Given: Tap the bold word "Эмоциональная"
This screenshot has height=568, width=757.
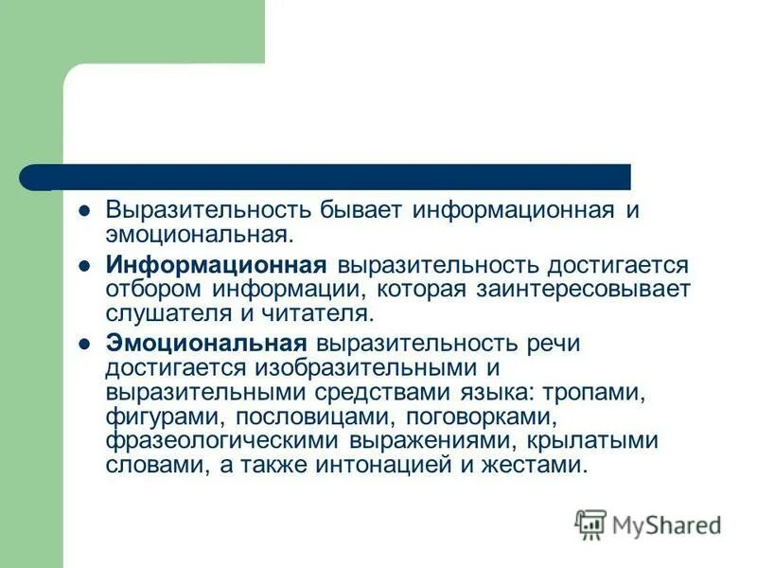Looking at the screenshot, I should (x=206, y=344).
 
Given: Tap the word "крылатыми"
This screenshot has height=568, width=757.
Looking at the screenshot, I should (x=592, y=441).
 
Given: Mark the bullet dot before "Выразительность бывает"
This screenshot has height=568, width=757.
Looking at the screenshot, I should (x=83, y=210).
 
